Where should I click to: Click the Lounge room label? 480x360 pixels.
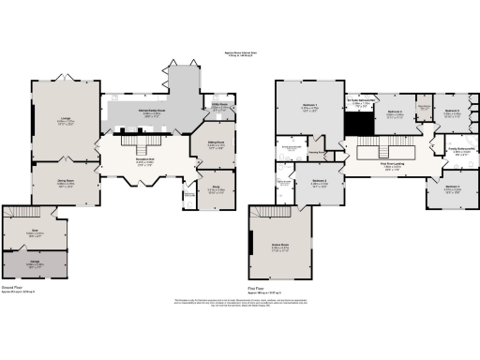(66, 119)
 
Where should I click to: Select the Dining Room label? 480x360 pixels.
(66, 183)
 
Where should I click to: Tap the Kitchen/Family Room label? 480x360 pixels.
(155, 111)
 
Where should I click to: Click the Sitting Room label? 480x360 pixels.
(216, 143)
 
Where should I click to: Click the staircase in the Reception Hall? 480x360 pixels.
(143, 147)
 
